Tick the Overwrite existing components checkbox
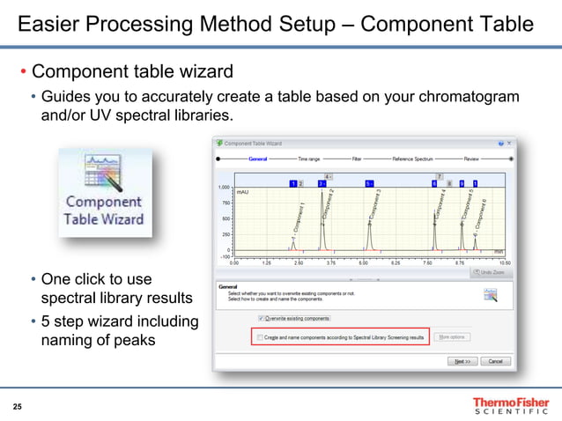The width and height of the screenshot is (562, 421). pyautogui.click(x=262, y=318)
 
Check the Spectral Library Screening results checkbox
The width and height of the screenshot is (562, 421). pyautogui.click(x=258, y=336)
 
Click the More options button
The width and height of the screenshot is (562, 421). pyautogui.click(x=452, y=336)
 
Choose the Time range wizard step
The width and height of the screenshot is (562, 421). pyautogui.click(x=309, y=159)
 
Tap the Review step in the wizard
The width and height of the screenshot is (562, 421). pyautogui.click(x=471, y=159)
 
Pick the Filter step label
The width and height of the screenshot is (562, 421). pyautogui.click(x=357, y=159)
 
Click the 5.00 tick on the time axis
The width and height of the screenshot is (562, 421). pyautogui.click(x=363, y=262)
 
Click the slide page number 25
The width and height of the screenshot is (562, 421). pyautogui.click(x=18, y=406)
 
